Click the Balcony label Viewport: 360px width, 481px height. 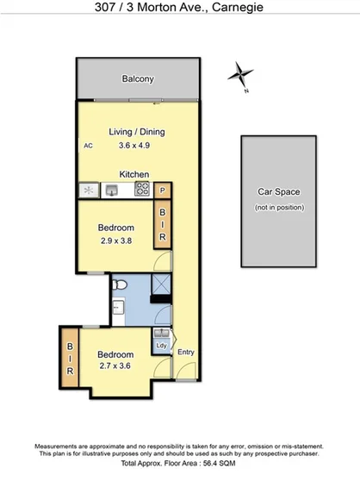coord(138,79)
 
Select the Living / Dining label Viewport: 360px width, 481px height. coord(136,132)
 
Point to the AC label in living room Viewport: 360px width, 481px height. coord(88,147)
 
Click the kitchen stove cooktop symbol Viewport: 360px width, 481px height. coord(141,189)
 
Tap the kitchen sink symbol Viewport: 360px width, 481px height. coord(112,189)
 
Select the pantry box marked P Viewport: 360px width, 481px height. coord(163,190)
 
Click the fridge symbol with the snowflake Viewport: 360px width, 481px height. coord(87,190)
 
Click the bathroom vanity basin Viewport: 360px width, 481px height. coord(119,308)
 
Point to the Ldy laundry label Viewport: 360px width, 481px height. coord(161,346)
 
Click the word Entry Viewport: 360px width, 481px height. coord(185,352)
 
